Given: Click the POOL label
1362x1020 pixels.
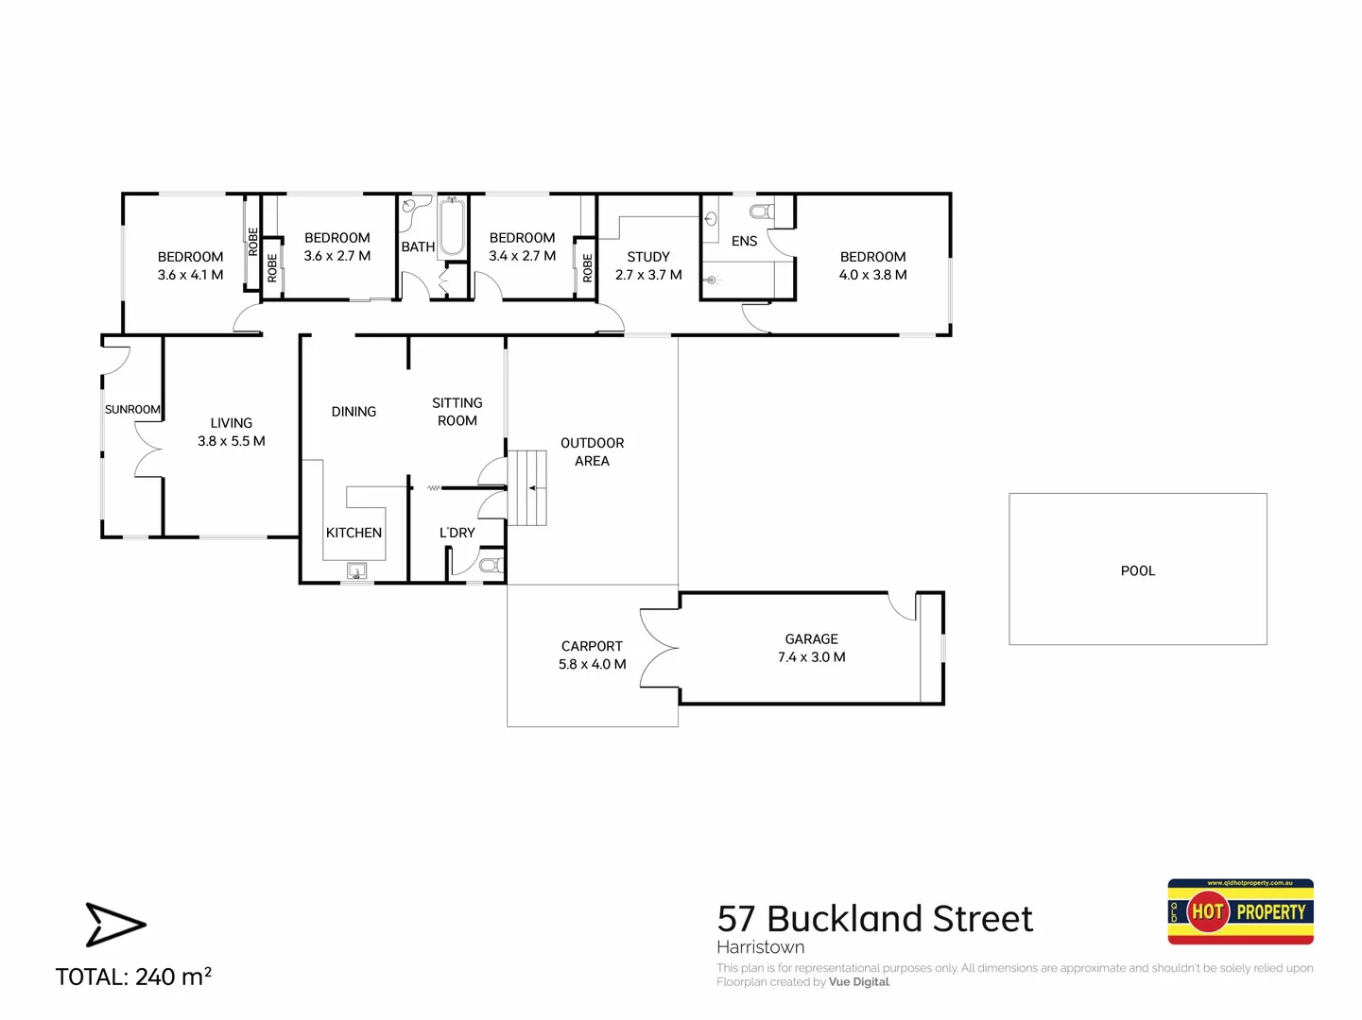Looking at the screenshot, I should (1137, 570).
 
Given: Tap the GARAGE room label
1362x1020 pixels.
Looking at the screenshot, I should (811, 639).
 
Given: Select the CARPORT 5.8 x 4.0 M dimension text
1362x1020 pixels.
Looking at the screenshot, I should (592, 664).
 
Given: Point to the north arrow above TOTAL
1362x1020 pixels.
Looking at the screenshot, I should (114, 924).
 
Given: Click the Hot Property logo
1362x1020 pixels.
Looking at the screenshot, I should (1240, 911).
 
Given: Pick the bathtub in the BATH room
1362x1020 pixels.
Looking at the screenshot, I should (452, 227).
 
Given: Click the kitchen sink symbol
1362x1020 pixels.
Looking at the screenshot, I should (357, 570).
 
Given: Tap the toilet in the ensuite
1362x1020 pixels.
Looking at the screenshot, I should (762, 211).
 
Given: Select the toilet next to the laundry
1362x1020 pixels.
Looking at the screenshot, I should (491, 565).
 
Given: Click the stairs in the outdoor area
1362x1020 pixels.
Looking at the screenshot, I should (527, 487).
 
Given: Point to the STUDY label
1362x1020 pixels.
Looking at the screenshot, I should (648, 257).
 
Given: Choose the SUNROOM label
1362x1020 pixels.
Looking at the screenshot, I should (132, 409).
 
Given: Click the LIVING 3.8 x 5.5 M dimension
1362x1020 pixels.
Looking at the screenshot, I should (232, 441).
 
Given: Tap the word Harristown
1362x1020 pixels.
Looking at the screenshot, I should (760, 947).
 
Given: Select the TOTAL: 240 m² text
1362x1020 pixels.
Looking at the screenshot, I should (133, 977).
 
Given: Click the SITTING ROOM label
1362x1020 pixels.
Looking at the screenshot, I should (457, 412).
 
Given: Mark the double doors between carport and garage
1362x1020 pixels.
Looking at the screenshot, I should (660, 647).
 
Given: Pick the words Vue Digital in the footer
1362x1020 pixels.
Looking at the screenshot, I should (858, 982).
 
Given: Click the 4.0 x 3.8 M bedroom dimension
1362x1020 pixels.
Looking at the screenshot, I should (872, 275).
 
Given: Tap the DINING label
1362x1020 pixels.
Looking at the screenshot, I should (353, 412).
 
